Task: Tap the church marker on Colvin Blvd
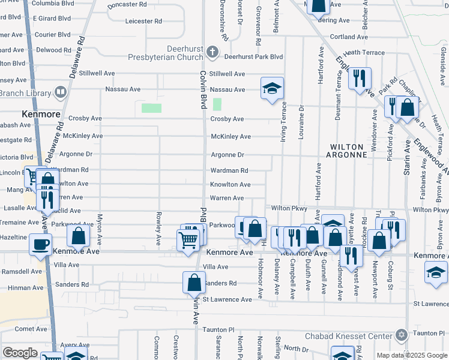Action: click(212, 53)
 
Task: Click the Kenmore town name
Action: click(40, 113)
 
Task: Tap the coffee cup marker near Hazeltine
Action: click(40, 244)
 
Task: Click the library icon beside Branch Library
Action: click(60, 92)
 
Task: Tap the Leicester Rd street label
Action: click(143, 21)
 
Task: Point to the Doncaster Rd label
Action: click(127, 5)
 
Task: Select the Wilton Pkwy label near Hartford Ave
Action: click(289, 208)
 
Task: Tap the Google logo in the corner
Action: click(20, 353)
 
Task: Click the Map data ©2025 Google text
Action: click(412, 355)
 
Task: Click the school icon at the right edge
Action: click(436, 273)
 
